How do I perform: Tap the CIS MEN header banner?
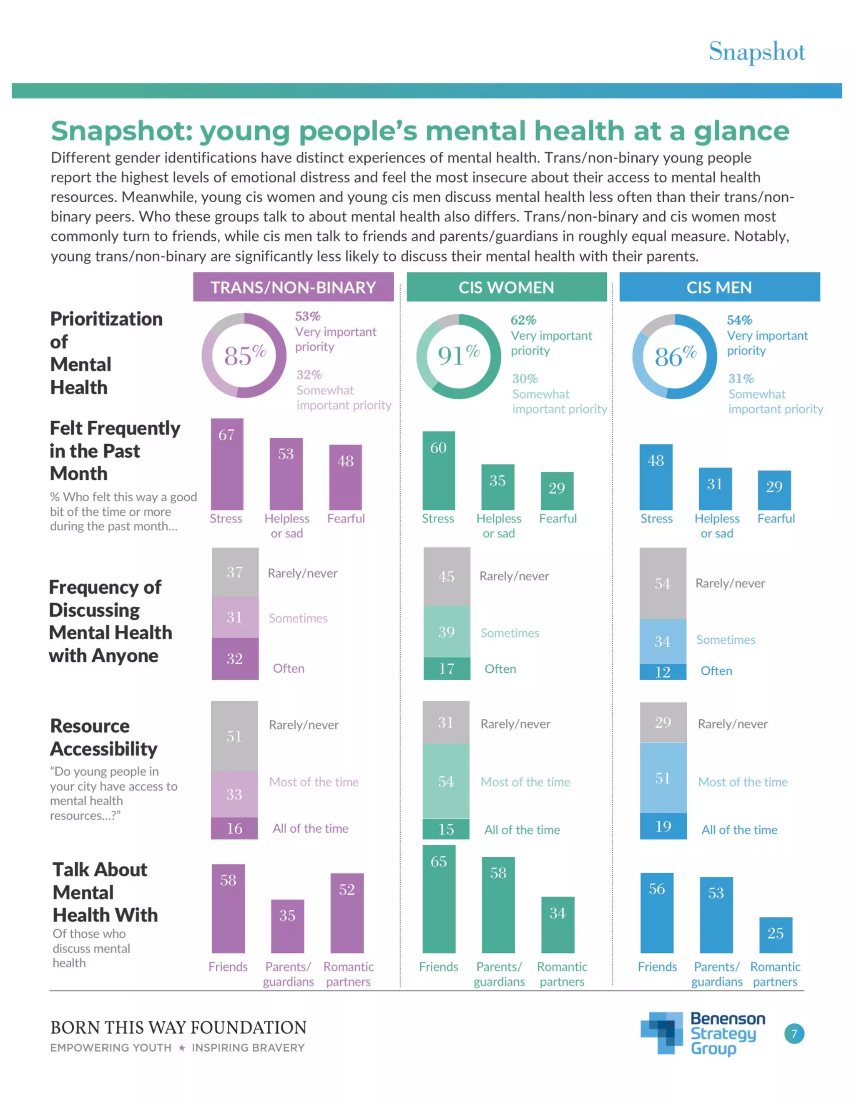coord(719,287)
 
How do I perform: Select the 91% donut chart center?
coord(458,356)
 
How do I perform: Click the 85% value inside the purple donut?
coord(244,355)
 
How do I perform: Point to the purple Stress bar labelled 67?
coord(227,464)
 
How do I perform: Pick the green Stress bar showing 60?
coord(438,470)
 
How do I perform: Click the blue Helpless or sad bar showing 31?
coord(715,489)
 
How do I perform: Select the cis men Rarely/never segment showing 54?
coord(662,583)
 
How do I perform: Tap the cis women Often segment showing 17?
coord(446,668)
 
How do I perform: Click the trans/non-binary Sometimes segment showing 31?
coord(235,617)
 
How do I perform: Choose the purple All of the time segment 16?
coord(234,828)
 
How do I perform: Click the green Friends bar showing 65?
coord(439,899)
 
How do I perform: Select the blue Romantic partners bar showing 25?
coord(775,935)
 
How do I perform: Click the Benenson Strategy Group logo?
coord(703,1033)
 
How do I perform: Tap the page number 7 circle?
coord(794,1034)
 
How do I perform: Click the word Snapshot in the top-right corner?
coord(756,52)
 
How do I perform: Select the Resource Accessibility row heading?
coord(104,737)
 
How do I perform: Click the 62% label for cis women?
coord(523,320)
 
